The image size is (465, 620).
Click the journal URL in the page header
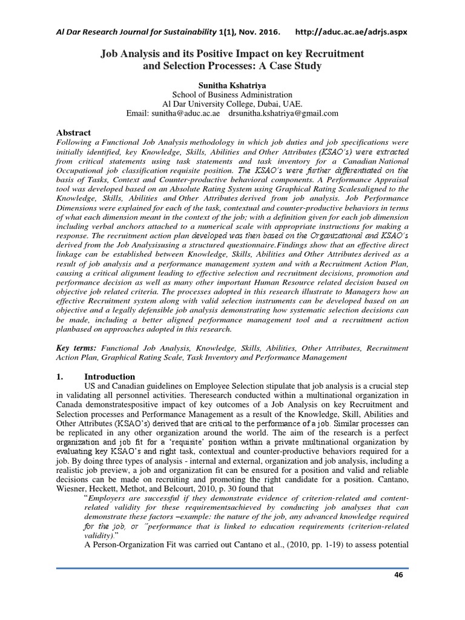coord(351,31)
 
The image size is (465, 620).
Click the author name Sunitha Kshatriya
coord(232,85)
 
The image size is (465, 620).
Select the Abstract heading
coord(74,133)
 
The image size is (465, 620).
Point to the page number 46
coord(398,575)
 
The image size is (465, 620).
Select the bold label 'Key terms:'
coord(76,349)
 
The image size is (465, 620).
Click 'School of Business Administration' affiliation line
coord(232,95)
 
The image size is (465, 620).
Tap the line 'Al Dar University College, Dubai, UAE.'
coord(232,104)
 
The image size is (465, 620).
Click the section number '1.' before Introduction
coord(60,377)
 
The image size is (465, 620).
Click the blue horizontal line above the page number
coord(232,569)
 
